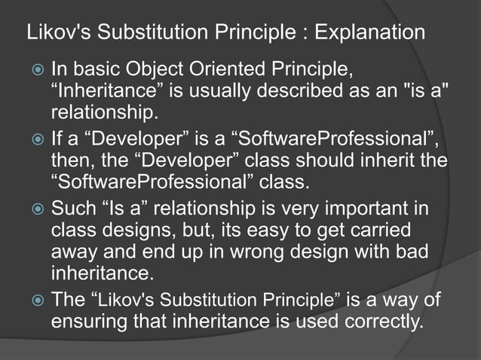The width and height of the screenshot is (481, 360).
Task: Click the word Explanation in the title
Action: coord(369,33)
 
